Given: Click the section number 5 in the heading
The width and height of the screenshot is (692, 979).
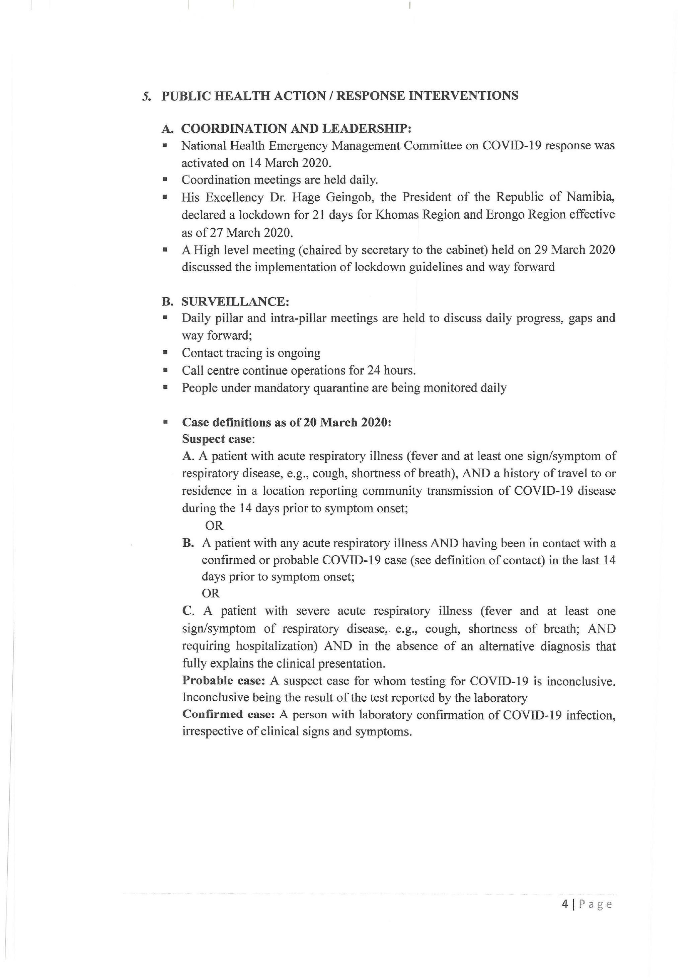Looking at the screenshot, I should point(146,96).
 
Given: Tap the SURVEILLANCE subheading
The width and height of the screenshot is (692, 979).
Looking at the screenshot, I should point(235,301).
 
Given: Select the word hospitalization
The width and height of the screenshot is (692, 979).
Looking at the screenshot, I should point(277,646).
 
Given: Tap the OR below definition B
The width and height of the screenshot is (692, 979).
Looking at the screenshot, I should point(211,593).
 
